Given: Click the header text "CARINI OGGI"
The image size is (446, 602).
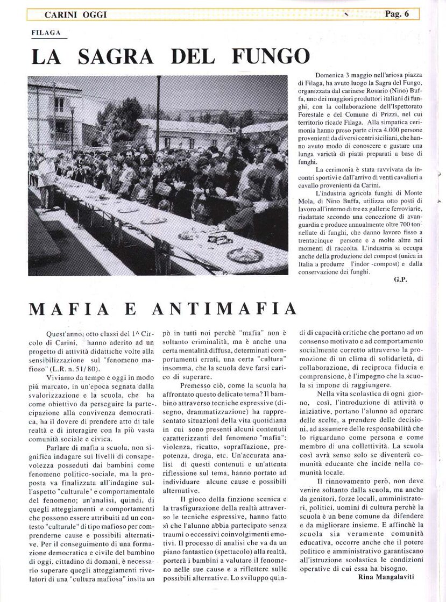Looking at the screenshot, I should (x=75, y=15).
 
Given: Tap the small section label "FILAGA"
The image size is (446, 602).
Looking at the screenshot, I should (x=46, y=33).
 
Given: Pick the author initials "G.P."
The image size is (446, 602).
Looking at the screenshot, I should (x=400, y=279).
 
